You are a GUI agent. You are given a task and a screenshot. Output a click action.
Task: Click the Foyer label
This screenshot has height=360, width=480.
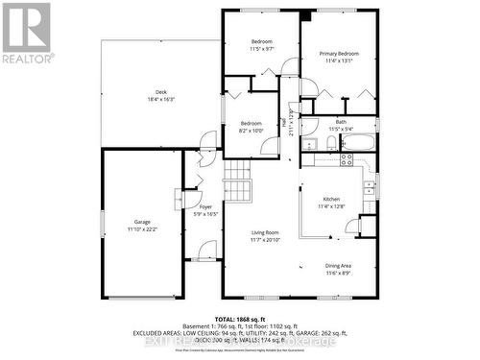205,206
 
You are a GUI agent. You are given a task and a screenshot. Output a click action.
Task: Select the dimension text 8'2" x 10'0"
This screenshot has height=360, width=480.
251,130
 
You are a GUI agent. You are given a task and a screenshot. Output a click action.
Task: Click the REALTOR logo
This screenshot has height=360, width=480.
27,34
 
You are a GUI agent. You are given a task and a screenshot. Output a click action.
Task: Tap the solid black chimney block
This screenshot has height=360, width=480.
305,14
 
